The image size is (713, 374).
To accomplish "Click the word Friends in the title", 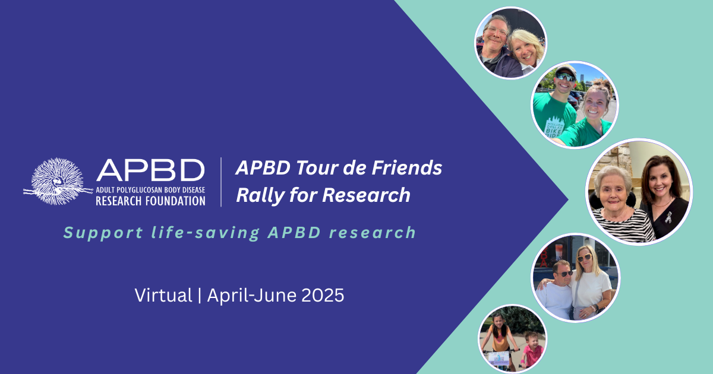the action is (x=407, y=167).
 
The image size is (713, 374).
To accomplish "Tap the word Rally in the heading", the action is (x=260, y=195).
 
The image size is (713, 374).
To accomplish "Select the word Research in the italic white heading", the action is (x=366, y=195).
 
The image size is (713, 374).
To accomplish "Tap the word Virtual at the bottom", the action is (x=163, y=295).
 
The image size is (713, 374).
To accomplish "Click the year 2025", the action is (x=323, y=295).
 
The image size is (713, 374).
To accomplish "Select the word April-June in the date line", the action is (x=252, y=296).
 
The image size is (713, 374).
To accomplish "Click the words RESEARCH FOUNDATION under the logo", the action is (x=150, y=201).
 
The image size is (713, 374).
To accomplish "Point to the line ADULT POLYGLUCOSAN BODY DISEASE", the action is (x=150, y=190).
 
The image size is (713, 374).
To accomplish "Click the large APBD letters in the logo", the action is (x=150, y=170).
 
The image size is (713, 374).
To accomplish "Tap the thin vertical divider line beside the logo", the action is (x=221, y=182).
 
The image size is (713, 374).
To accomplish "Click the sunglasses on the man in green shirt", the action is (x=566, y=77).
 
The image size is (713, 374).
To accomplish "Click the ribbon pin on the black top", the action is (x=668, y=217).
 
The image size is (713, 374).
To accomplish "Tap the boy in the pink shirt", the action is (x=532, y=350).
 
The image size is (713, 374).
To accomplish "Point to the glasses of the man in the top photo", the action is (x=497, y=31).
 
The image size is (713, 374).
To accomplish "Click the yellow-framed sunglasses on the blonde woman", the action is (x=585, y=257).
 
